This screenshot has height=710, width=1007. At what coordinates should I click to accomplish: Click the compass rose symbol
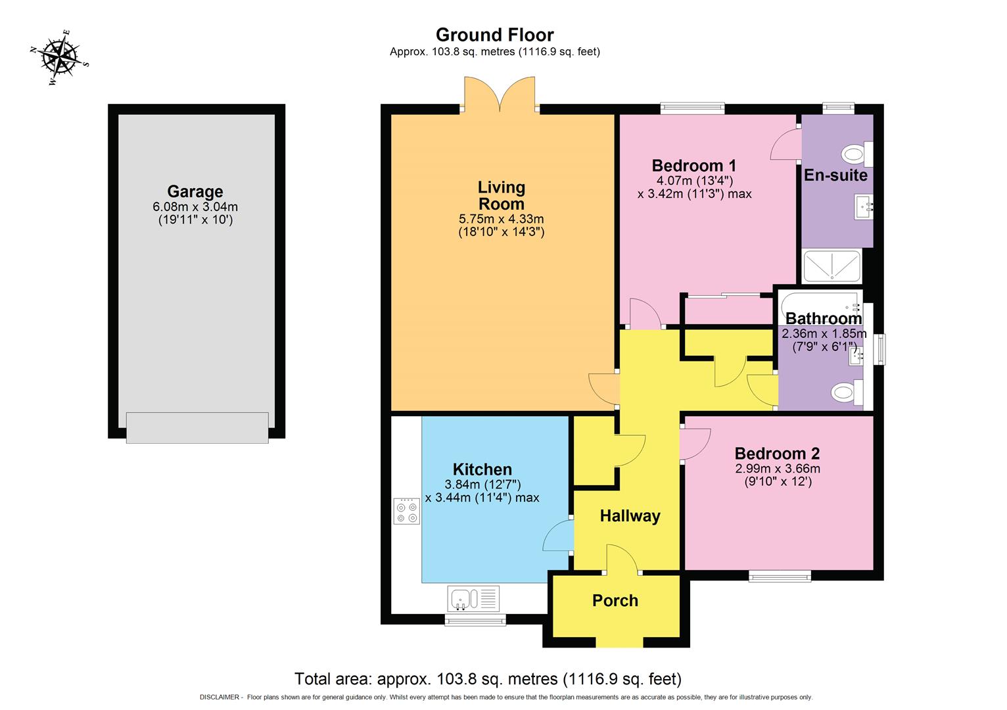(59, 58)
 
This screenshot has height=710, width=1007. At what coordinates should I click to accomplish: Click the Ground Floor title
(494, 35)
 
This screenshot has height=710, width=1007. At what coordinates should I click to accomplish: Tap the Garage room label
(195, 191)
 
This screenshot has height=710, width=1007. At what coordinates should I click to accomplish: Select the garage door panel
(197, 427)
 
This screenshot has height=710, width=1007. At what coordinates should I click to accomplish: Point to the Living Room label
(501, 195)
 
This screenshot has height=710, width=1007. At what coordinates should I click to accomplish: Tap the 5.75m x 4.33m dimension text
(501, 219)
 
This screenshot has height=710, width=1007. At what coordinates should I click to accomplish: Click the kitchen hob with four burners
(407, 511)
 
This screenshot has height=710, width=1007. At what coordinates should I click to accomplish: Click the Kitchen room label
(482, 469)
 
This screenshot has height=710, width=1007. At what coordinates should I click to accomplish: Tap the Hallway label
(630, 516)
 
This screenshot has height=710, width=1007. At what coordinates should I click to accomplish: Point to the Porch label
(615, 600)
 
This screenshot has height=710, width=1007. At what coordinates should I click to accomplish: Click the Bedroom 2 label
(777, 454)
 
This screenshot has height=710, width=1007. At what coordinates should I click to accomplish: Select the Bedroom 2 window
(780, 577)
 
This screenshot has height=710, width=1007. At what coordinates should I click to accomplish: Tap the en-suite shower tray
(831, 266)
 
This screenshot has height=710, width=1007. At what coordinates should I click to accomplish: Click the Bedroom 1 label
(693, 166)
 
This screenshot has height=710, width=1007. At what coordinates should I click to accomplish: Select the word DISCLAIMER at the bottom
(219, 697)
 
